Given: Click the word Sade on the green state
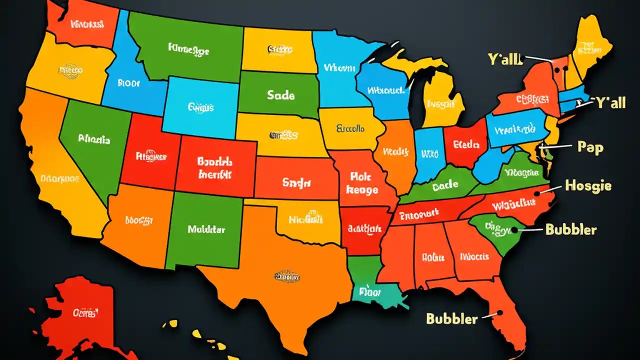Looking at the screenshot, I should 280,95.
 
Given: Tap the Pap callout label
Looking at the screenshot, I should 590,147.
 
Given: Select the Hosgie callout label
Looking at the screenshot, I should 588,186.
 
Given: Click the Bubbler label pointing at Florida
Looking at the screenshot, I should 451,318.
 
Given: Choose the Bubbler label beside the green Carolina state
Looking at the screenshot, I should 570,229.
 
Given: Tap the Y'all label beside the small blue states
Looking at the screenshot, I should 610,103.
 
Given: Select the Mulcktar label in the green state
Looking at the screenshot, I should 206,229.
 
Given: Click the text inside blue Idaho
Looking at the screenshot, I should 128,83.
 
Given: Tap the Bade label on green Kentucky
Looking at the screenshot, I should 445,185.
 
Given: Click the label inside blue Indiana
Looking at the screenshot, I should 429,153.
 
